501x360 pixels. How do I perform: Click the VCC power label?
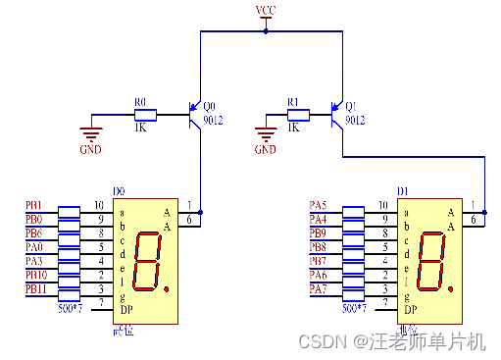[x=265, y=11]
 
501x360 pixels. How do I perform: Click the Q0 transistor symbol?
[x=194, y=114]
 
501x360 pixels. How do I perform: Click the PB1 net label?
[x=33, y=205]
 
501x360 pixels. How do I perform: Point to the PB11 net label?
[x=35, y=288]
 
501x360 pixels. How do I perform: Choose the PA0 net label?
[x=33, y=247]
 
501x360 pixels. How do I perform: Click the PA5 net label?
[x=318, y=205]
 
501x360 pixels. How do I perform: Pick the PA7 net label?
[x=318, y=288]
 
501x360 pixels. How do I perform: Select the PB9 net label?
[x=318, y=233]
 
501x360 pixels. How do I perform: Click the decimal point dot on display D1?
[x=452, y=288]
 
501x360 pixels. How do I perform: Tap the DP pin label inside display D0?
[x=125, y=309]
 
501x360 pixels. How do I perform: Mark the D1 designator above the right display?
[x=403, y=191]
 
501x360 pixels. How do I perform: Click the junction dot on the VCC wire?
[x=266, y=31]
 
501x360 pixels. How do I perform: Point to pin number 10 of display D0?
[x=99, y=205]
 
